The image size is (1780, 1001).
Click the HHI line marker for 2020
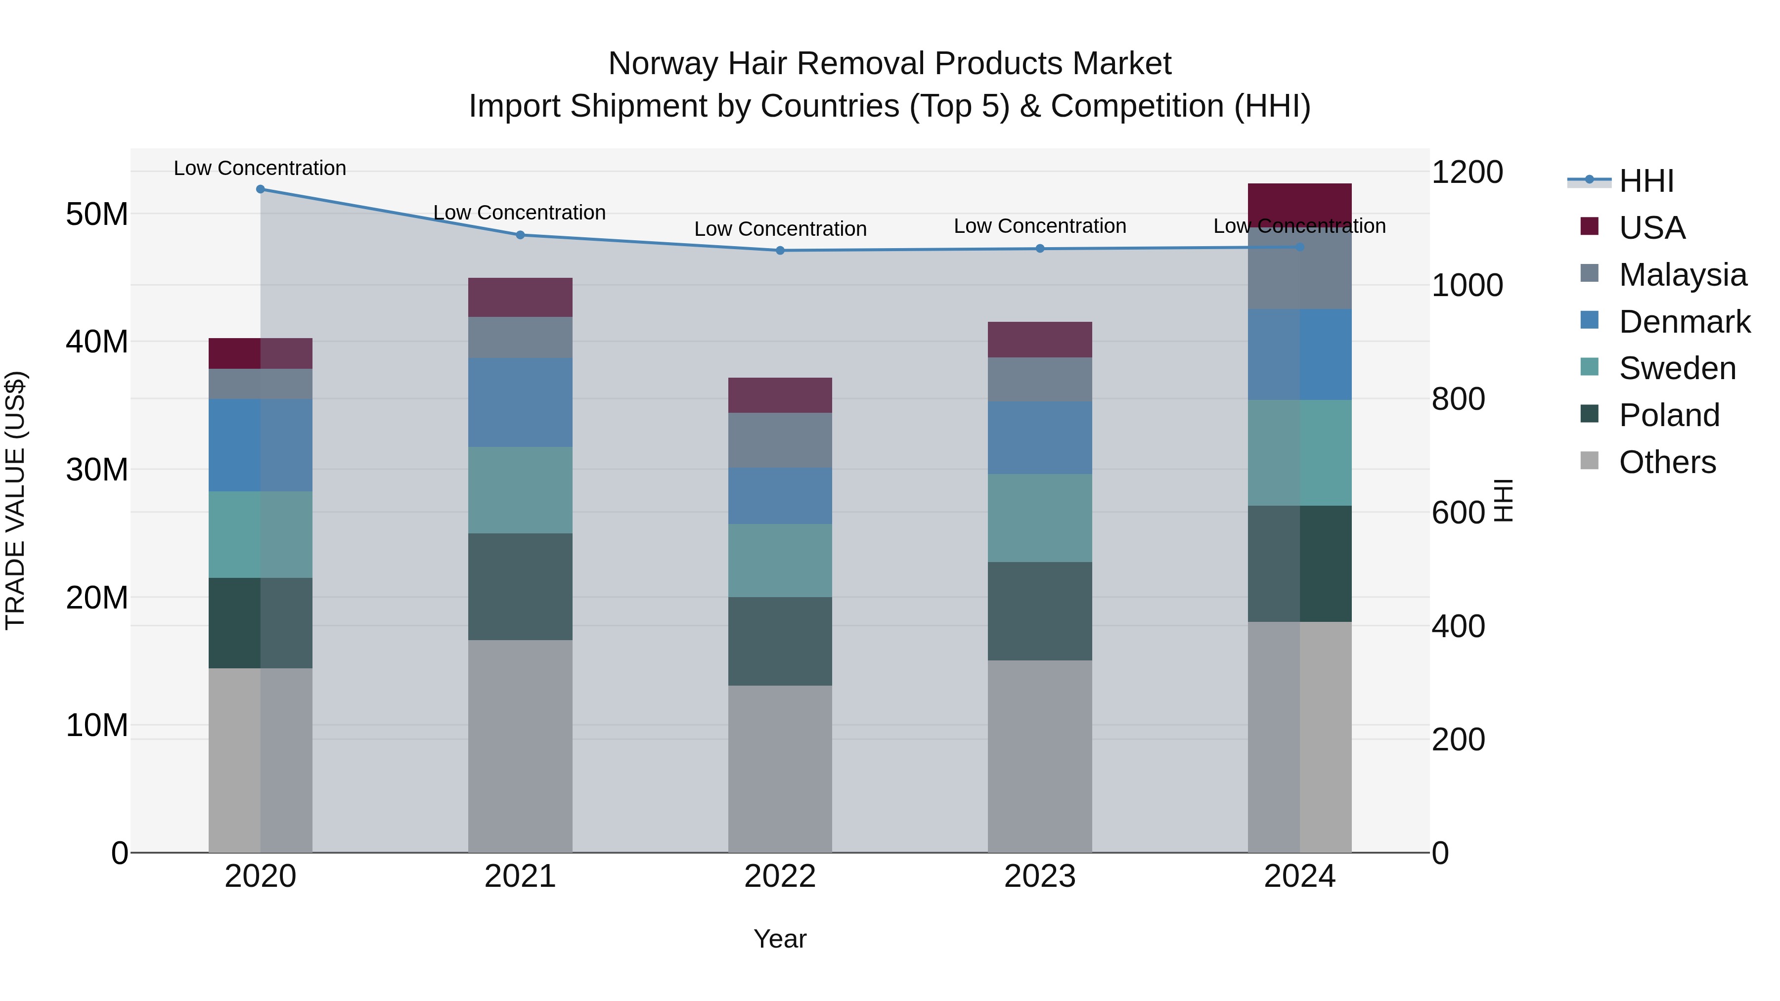pos(261,189)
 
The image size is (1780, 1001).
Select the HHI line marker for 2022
pos(780,251)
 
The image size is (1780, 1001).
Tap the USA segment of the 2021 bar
pos(520,298)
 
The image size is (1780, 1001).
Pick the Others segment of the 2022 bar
pos(780,769)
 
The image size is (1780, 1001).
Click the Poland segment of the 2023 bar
pos(1040,611)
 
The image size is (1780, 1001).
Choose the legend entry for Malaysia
pos(1682,275)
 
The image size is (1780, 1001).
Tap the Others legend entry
pos(1667,462)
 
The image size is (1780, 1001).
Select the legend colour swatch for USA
pos(1589,226)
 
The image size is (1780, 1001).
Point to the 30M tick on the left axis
pos(97,470)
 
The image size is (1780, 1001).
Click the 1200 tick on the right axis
pos(1467,172)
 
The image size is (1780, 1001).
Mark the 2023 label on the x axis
pos(1040,876)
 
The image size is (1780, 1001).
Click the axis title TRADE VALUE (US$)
pos(15,500)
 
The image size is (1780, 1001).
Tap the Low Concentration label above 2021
pos(520,213)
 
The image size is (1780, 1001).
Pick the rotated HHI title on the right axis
pos(1503,500)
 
